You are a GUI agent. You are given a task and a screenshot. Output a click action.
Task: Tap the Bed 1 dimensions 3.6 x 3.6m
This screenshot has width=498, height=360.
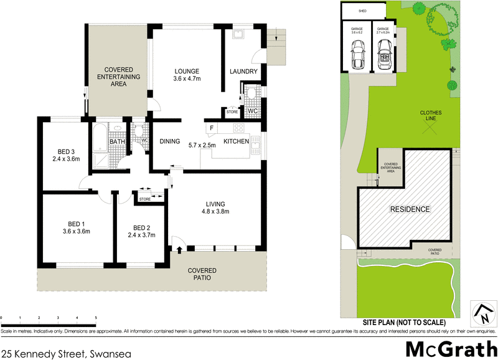pos(77,232)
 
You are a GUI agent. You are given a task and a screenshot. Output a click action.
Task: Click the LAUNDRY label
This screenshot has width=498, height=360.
pos(243,72)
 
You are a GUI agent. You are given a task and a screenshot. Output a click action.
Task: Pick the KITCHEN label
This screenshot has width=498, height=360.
pos(237,142)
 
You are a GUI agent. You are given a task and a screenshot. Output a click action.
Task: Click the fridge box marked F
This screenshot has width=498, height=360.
pos(212,129)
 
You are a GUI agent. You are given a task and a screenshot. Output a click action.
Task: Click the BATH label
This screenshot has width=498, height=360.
pos(117,142)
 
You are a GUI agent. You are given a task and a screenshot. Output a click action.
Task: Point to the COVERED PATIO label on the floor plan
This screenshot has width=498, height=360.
pos(204,274)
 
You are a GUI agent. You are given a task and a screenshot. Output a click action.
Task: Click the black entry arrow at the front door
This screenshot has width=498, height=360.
pos(180,250)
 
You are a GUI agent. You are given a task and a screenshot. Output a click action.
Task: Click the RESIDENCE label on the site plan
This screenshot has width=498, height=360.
pos(409,209)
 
